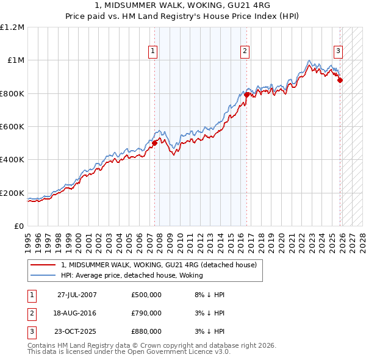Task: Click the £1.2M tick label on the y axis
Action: coord(12,27)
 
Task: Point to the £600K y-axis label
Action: coord(12,127)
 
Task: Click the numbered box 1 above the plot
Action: coord(152,51)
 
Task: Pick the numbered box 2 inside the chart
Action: coord(245,51)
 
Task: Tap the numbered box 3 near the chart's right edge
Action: coord(337,51)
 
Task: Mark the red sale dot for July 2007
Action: coord(155,143)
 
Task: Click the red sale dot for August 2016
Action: coord(246,95)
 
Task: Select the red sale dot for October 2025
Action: coord(340,80)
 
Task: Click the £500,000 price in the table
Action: coord(146,295)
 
